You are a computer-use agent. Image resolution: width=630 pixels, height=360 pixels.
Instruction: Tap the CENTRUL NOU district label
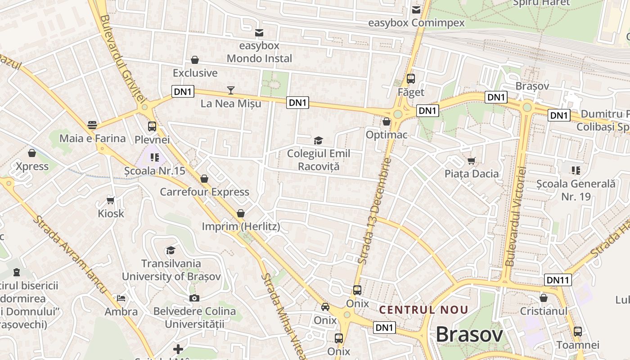pyautogui.click(x=423, y=310)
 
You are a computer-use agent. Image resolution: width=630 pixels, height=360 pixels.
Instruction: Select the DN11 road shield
pyautogui.click(x=558, y=280)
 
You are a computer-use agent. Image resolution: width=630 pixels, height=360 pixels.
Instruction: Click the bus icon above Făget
pyautogui.click(x=410, y=79)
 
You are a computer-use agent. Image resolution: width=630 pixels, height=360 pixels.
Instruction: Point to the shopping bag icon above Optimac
pyautogui.click(x=386, y=121)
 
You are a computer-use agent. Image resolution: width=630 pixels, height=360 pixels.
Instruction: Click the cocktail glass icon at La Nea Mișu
pyautogui.click(x=230, y=90)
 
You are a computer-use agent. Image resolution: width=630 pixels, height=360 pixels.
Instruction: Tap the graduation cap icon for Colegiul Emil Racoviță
pyautogui.click(x=319, y=141)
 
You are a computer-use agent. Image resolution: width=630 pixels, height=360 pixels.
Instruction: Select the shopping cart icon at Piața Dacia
pyautogui.click(x=472, y=161)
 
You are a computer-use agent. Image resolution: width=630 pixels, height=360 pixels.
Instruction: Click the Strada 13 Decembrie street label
pyautogui.click(x=374, y=210)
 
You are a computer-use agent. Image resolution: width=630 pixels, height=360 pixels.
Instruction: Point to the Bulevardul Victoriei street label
pyautogui.click(x=516, y=216)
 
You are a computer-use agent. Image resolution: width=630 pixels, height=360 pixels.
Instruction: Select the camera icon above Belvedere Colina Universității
pyautogui.click(x=194, y=298)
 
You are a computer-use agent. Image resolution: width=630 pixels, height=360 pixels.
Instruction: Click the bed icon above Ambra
pyautogui.click(x=121, y=298)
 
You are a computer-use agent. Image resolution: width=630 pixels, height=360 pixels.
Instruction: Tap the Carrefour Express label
pyautogui.click(x=204, y=192)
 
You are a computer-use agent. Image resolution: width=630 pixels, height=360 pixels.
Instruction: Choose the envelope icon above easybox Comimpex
pyautogui.click(x=416, y=9)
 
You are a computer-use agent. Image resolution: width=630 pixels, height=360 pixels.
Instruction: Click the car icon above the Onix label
pyautogui.click(x=325, y=307)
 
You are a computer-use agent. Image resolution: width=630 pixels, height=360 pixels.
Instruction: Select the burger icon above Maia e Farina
pyautogui.click(x=92, y=125)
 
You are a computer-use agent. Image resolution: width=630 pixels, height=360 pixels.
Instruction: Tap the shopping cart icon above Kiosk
pyautogui.click(x=111, y=200)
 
